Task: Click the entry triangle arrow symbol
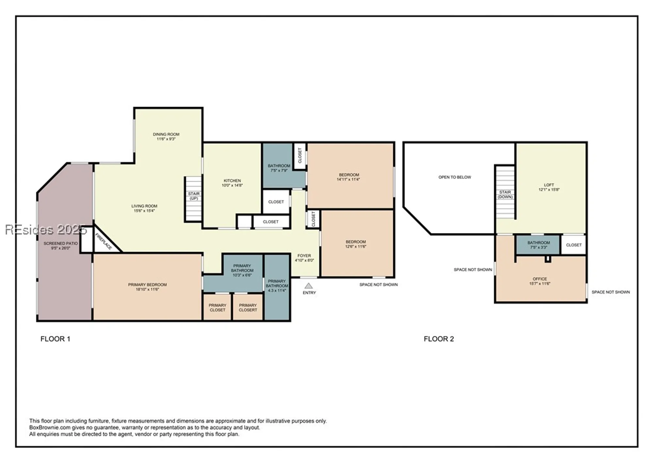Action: click(309, 286)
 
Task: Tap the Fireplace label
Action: click(104, 241)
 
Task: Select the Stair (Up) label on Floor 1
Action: click(194, 196)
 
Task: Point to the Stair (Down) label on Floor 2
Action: click(505, 194)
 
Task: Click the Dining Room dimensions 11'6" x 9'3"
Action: click(166, 139)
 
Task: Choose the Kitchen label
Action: click(232, 180)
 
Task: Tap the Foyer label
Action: click(304, 256)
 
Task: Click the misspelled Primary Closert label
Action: click(248, 307)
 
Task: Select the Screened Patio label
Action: click(61, 243)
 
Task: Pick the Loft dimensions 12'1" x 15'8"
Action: click(549, 190)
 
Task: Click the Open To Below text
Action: click(454, 177)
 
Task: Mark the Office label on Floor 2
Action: click(540, 279)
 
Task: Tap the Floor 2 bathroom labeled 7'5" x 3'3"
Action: click(538, 245)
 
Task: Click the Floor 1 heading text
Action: click(55, 339)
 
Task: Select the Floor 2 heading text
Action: click(438, 339)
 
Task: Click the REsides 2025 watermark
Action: click(46, 230)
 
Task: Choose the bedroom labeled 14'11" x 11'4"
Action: click(349, 177)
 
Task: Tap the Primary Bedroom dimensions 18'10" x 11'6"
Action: click(147, 289)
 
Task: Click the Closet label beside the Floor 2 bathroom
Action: click(574, 245)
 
